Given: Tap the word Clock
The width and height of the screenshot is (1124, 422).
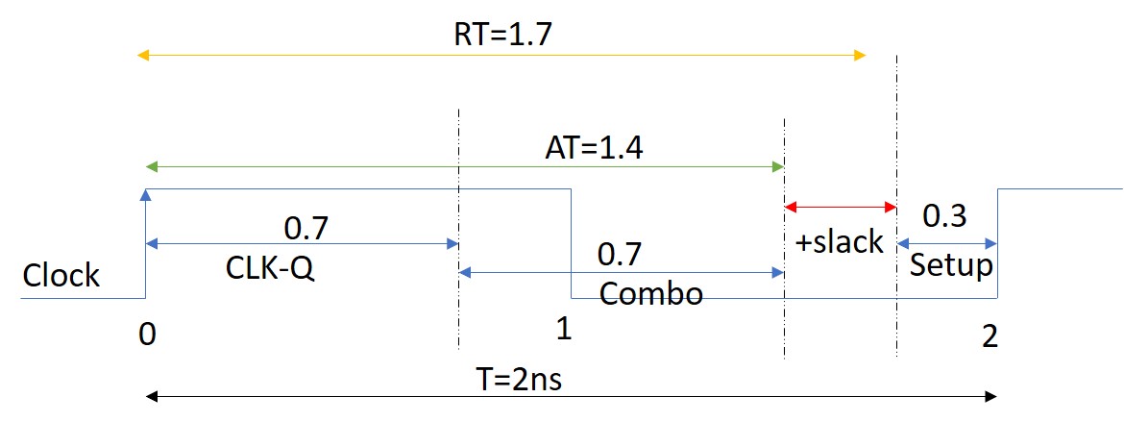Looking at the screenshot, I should [x=61, y=275].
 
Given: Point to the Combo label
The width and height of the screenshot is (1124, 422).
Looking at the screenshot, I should [x=650, y=293].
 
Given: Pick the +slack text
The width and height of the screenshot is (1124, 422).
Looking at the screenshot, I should [x=839, y=241].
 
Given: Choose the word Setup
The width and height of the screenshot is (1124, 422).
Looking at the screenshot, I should [x=951, y=264].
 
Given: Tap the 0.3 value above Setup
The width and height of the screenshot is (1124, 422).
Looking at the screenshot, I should [x=944, y=217].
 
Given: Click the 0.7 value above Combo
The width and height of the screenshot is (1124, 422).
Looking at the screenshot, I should [x=620, y=256].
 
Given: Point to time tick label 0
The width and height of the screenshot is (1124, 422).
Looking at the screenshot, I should [x=146, y=335].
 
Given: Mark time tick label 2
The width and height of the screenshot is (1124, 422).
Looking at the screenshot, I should [x=990, y=335].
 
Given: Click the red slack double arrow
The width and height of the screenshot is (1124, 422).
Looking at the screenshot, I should [x=841, y=207].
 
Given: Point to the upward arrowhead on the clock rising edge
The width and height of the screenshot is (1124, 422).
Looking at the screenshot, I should [x=146, y=195].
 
